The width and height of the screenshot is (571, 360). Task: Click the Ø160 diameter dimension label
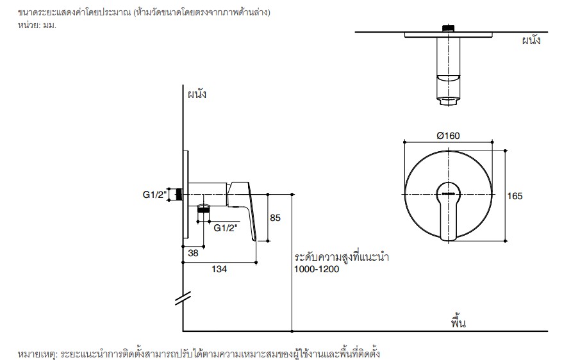point(448,136)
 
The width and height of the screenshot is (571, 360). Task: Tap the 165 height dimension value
point(515,196)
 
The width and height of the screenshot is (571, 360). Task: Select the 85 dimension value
point(276,218)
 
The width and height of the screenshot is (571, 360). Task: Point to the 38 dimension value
point(193,253)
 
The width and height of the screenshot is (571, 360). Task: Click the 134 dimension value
point(219,269)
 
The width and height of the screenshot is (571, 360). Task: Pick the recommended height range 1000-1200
point(317,270)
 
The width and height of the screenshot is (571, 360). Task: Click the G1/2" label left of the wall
point(154,195)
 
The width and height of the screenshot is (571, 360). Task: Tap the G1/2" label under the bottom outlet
point(226,228)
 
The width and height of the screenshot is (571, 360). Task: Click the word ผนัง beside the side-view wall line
point(197,94)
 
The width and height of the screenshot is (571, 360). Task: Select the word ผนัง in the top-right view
point(531,40)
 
